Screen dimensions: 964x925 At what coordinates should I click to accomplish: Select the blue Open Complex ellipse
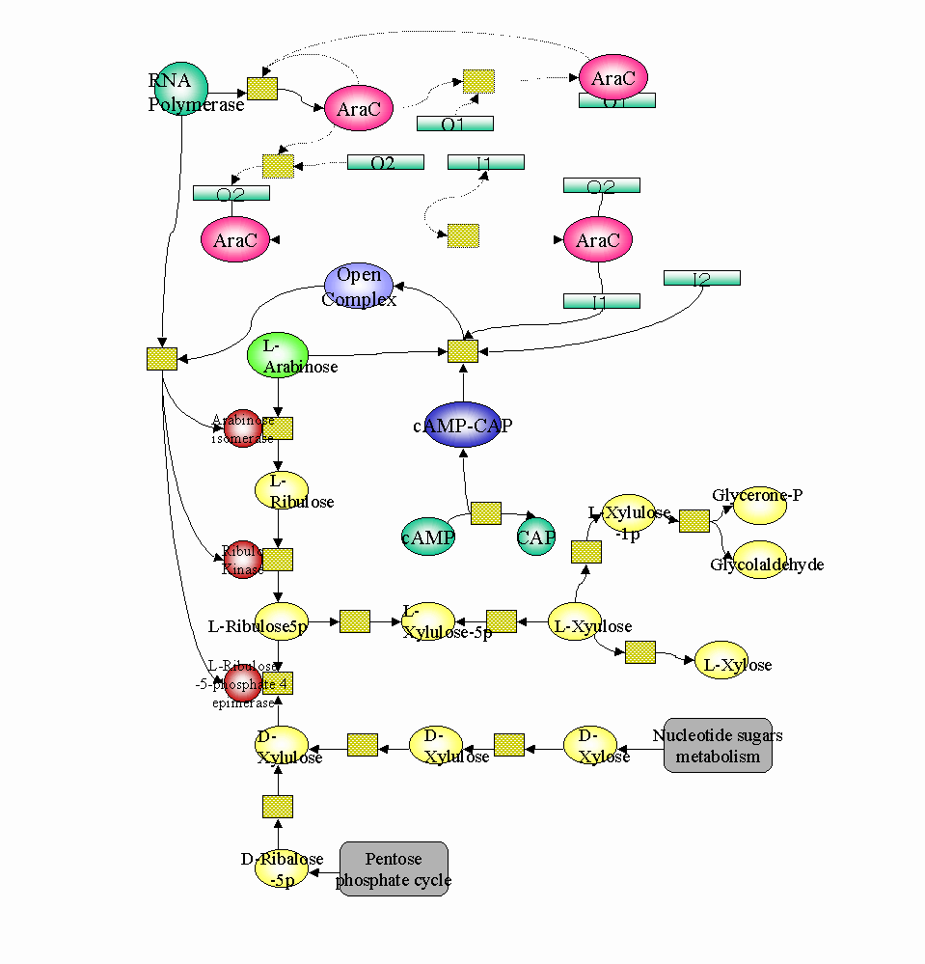click(x=359, y=288)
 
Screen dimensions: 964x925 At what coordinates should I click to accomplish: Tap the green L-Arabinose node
click(x=278, y=355)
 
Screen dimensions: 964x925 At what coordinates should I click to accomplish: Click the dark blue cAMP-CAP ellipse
click(x=462, y=426)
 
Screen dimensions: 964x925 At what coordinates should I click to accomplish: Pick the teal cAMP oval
click(x=428, y=537)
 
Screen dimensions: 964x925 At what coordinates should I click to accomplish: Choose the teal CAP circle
click(x=536, y=537)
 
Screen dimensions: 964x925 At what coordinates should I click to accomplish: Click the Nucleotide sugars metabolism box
click(x=718, y=746)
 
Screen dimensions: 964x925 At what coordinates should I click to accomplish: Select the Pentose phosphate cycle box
click(x=394, y=868)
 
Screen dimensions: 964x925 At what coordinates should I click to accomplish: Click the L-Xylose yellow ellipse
click(x=721, y=661)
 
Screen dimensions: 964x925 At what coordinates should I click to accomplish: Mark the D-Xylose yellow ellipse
click(x=590, y=745)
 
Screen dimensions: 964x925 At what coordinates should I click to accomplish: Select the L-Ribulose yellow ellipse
click(x=282, y=490)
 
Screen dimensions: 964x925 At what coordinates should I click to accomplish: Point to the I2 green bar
click(x=701, y=278)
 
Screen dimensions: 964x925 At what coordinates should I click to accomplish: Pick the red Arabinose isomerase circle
click(x=243, y=428)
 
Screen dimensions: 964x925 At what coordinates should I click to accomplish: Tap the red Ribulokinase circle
click(x=243, y=560)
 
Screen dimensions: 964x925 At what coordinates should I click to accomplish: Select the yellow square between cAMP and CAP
click(x=486, y=513)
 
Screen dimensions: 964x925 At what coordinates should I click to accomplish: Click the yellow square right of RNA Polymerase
click(x=262, y=89)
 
